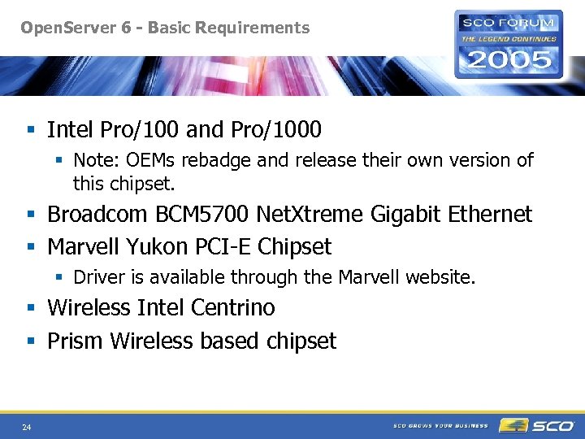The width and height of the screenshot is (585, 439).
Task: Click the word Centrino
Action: click(x=233, y=308)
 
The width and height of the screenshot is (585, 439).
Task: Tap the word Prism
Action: click(x=76, y=341)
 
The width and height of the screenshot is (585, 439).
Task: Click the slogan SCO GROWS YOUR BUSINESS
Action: click(x=440, y=425)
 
